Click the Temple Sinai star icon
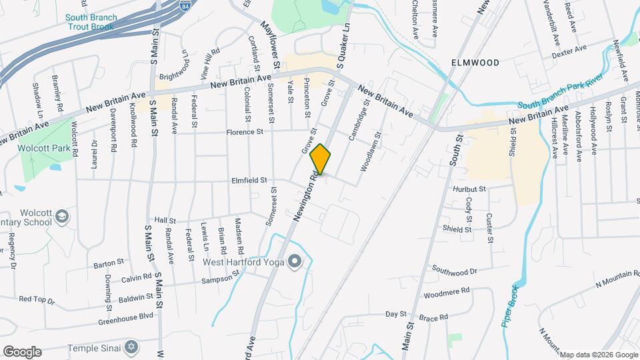131,347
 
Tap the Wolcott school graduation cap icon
62,216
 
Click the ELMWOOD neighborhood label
475,63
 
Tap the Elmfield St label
249,180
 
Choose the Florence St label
245,132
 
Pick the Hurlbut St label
469,189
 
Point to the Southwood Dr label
455,271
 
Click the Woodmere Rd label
446,291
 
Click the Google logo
22,352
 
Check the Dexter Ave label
570,49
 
